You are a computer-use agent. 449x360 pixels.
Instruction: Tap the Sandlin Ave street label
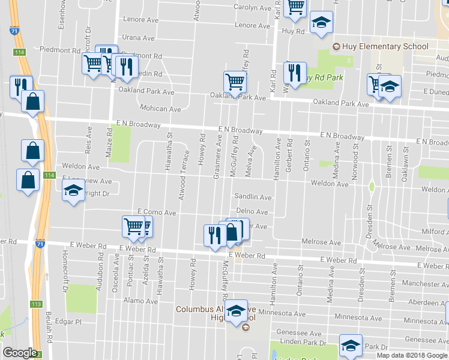tap(253, 197)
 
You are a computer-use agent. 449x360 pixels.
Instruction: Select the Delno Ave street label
tap(252, 212)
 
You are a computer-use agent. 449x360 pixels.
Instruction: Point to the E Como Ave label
tap(156, 212)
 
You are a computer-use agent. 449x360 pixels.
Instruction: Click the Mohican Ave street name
tap(160, 109)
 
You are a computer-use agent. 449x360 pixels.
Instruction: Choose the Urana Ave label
tap(138, 38)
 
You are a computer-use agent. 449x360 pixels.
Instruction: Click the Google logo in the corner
tap(19, 353)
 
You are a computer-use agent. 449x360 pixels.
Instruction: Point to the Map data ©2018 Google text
tap(412, 355)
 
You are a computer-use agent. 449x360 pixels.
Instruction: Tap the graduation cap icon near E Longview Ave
tap(74, 191)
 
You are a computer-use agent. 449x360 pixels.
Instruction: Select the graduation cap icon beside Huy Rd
tap(322, 23)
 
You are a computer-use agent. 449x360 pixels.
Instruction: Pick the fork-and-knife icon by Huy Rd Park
tap(294, 73)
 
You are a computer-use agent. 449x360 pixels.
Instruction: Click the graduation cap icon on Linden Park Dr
tap(351, 345)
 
